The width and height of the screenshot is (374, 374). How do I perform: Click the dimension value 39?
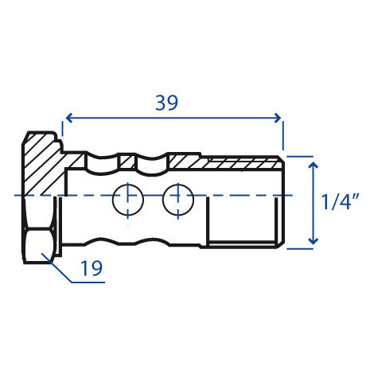[166, 103]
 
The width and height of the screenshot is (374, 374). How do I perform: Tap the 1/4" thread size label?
[341, 202]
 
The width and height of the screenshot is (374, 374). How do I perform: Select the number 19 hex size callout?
[92, 268]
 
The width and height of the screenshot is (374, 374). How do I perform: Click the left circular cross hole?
[128, 200]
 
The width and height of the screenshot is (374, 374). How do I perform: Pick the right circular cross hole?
[178, 200]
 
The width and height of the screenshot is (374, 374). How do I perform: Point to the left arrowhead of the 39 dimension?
[68, 118]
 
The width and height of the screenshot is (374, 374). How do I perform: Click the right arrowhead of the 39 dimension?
[278, 118]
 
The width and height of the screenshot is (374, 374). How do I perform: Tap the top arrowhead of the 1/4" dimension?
[314, 166]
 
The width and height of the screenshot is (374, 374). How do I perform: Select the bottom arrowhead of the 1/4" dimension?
[314, 240]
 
